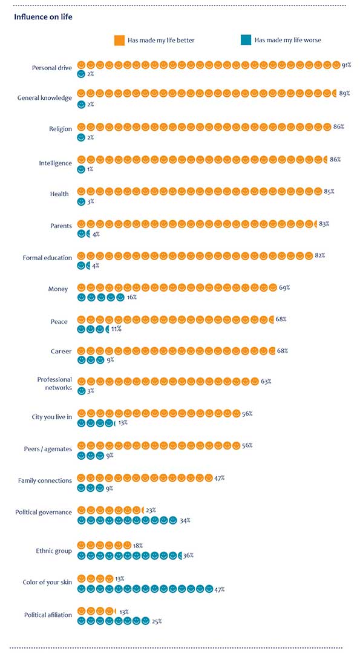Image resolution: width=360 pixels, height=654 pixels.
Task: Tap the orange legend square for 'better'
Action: pos(120,41)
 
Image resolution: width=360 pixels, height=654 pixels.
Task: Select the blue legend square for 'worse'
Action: pos(246,41)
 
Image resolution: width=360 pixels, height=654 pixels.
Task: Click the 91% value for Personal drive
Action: pos(346,65)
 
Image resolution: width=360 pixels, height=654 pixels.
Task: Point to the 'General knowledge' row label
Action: pos(45,98)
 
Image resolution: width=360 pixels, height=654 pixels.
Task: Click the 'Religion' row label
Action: pos(61,129)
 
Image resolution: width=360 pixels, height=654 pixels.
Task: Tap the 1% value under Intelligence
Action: pos(90,169)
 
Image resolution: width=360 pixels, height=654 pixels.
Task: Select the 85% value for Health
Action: pos(329,192)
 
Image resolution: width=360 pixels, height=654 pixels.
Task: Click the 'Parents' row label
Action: pos(61,226)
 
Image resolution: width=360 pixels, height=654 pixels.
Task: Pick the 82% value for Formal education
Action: pos(320,255)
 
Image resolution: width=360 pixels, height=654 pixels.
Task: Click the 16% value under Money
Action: pos(131,298)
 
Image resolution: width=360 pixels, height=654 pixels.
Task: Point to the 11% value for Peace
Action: pos(116,329)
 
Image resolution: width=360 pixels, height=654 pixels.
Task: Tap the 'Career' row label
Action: pos(62,351)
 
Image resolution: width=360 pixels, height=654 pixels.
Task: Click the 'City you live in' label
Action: pos(52,417)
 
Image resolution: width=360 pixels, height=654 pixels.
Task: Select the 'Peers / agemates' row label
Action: pos(48,449)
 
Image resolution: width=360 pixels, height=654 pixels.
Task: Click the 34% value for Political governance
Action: pos(185,520)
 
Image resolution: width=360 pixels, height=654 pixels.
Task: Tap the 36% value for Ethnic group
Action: pos(188,555)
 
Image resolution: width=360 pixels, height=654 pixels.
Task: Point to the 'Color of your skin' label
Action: pos(48,582)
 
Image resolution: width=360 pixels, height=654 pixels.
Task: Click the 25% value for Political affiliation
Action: pos(157,621)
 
